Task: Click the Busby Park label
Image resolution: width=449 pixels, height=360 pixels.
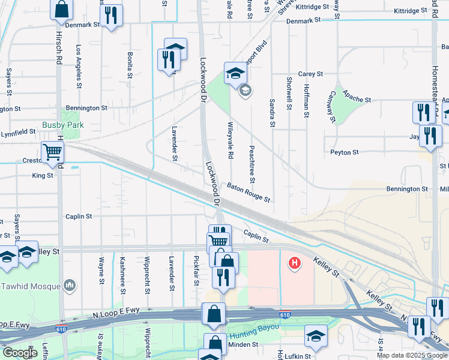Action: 63,125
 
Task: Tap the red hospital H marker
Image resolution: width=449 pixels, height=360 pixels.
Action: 295,263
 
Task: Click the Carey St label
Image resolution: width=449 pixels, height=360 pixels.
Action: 311,74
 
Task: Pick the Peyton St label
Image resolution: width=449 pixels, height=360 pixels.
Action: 345,152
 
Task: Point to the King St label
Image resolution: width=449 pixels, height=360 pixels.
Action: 43,176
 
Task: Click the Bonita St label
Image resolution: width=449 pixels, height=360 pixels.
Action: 130,65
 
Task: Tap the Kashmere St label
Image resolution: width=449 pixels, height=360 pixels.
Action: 122,271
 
